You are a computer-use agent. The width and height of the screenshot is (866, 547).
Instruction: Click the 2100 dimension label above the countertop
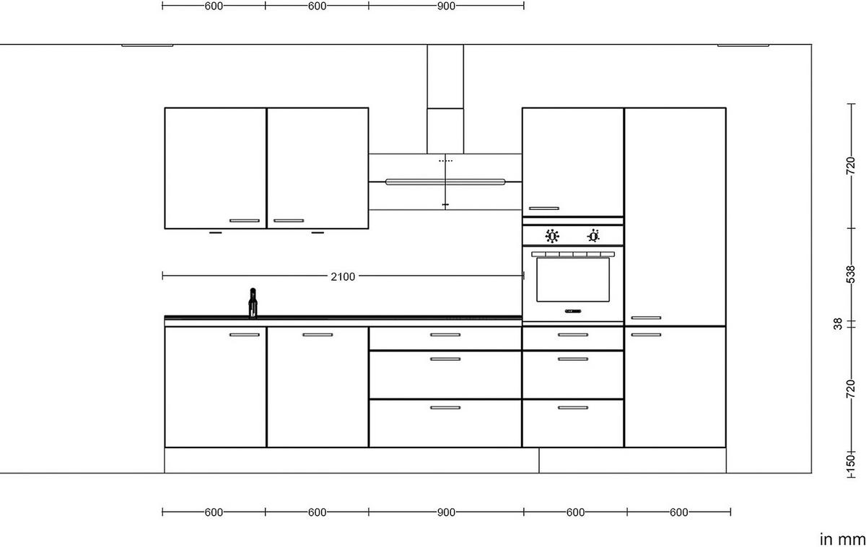(343, 276)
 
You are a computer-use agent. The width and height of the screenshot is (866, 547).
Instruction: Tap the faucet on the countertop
(253, 302)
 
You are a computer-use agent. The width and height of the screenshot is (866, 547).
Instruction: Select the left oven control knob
(553, 235)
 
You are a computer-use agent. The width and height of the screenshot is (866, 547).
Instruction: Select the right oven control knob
(593, 235)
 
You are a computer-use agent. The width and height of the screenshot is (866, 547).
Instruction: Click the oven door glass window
(573, 280)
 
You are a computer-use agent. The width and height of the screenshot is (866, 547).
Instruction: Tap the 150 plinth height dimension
(850, 460)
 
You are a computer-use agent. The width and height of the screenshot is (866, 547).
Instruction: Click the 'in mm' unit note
(841, 538)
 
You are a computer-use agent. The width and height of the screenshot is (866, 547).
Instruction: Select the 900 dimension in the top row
(446, 6)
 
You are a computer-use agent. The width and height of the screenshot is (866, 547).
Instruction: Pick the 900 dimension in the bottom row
(446, 512)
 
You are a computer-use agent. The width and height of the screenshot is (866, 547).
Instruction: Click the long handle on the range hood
(445, 181)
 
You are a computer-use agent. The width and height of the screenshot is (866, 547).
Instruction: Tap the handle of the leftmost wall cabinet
(244, 220)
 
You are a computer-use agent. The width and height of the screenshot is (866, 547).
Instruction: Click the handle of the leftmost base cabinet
(244, 335)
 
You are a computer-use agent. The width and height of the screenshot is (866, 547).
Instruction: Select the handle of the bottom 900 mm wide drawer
(445, 408)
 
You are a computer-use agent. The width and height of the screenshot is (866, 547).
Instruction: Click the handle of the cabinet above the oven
(543, 209)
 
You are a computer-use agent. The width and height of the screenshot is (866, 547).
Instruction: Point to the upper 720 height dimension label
(850, 168)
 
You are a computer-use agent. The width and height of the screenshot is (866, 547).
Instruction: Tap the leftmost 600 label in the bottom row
(214, 512)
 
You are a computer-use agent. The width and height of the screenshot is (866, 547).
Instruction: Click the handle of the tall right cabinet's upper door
(646, 318)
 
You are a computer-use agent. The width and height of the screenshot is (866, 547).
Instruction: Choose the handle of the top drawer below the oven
(573, 335)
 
